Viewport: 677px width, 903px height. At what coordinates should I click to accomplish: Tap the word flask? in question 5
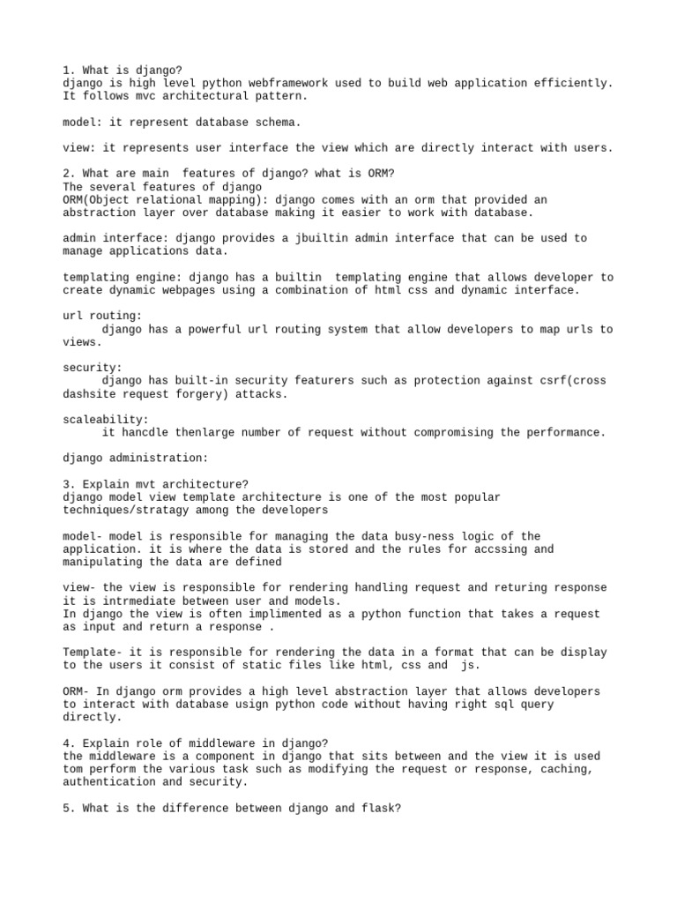[382, 809]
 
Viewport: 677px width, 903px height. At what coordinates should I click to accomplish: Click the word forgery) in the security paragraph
[205, 394]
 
